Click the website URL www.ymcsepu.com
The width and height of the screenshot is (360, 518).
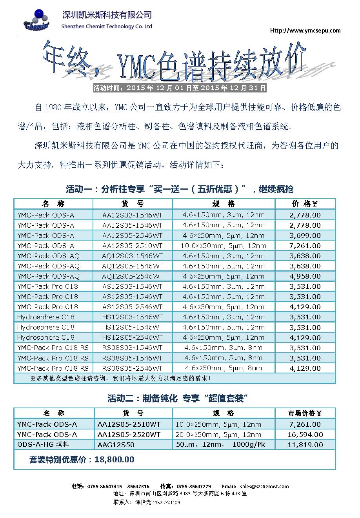pyautogui.click(x=305, y=31)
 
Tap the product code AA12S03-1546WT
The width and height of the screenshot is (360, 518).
pyautogui.click(x=132, y=215)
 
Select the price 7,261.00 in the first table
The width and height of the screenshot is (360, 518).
pyautogui.click(x=305, y=246)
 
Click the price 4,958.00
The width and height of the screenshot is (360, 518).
pyautogui.click(x=305, y=276)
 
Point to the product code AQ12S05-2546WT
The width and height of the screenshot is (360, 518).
pyautogui.click(x=132, y=276)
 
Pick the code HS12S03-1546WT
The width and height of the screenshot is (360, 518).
pyautogui.click(x=132, y=317)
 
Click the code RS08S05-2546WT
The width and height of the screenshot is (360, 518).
pyautogui.click(x=132, y=368)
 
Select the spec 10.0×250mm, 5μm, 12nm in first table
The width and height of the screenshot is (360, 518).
pyautogui.click(x=223, y=246)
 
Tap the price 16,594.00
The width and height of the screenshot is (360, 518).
pyautogui.click(x=305, y=435)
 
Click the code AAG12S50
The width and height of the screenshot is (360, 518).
pyautogui.click(x=116, y=445)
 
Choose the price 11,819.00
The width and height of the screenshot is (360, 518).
pyautogui.click(x=305, y=445)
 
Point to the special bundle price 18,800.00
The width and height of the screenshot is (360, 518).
pyautogui.click(x=115, y=460)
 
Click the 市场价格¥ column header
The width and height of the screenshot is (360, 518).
pyautogui.click(x=305, y=413)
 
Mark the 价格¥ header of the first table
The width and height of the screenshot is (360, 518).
pyautogui.click(x=305, y=204)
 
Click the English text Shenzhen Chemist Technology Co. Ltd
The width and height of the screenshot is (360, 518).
pyautogui.click(x=107, y=27)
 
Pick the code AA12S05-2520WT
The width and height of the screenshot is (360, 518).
pyautogui.click(x=129, y=435)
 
